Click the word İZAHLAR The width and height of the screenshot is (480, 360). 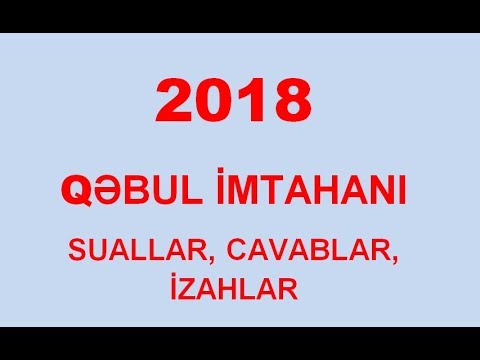[239, 290]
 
